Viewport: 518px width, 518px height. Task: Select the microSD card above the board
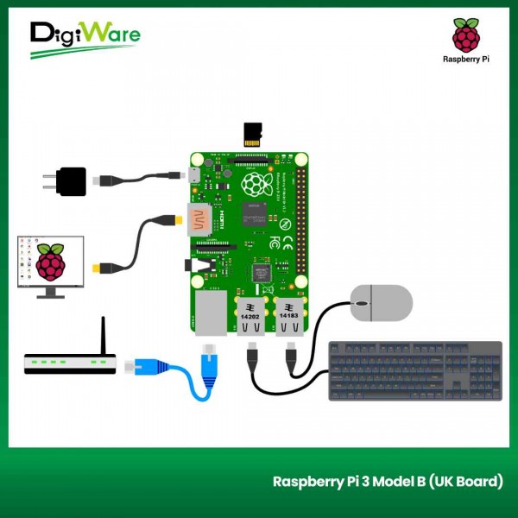pos(253,135)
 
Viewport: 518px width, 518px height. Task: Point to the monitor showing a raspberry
pos(51,262)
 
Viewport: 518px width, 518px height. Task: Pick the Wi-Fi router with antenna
pos(70,362)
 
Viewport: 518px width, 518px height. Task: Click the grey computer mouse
pos(381,303)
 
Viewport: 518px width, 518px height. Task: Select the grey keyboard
pos(415,370)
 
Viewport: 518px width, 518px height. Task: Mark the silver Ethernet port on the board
pos(212,313)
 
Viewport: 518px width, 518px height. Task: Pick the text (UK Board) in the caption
pos(465,481)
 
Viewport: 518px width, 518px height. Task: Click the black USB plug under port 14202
pos(251,356)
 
